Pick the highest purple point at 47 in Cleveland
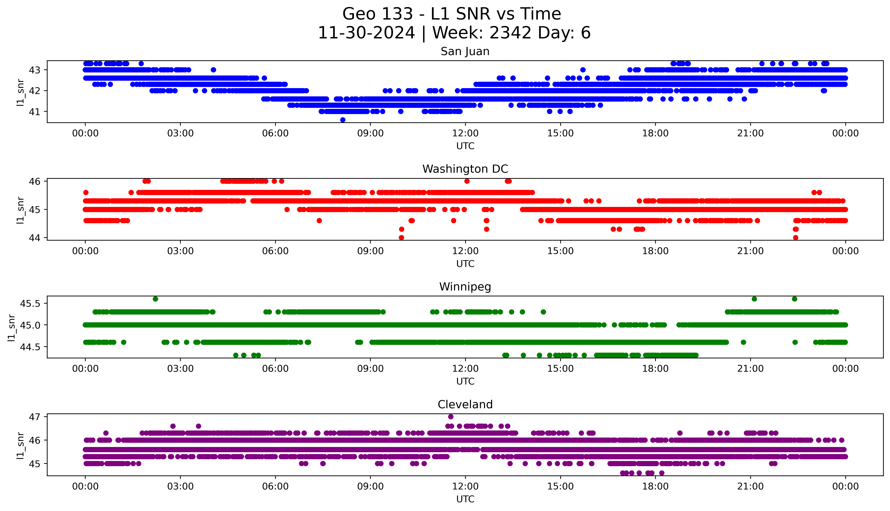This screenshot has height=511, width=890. click(451, 417)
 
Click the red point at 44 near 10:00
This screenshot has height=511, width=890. click(402, 238)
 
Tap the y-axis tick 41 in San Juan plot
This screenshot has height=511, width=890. click(34, 112)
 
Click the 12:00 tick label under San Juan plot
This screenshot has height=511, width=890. click(465, 133)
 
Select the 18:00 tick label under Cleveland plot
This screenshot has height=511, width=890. click(655, 486)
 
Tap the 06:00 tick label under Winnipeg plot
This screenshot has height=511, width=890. click(275, 368)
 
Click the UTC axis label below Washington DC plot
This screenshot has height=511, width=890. click(465, 264)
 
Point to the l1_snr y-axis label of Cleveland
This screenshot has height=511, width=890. click(20, 445)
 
